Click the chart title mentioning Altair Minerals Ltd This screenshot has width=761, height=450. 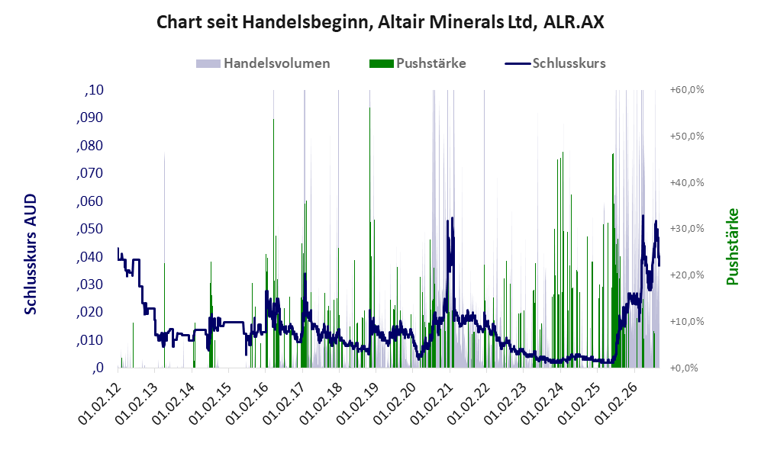pos(380,22)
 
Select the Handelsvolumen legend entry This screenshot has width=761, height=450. pos(263,63)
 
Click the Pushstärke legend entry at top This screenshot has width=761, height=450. pos(418,63)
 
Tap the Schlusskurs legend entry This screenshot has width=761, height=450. pos(555,63)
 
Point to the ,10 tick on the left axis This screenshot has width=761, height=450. pos(94,90)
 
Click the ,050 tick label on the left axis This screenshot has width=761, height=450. pos(90,229)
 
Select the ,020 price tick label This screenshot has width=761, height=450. pos(90,312)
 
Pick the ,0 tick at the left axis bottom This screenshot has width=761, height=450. pos(98,368)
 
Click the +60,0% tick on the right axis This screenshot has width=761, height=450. pos(687,90)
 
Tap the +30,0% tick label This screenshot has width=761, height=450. pos(687,228)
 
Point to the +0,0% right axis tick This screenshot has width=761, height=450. pos(684,368)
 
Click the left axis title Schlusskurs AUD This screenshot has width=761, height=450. pos(31,254)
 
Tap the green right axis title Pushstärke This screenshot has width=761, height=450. pos(732,246)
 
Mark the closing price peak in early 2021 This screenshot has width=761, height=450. pos(453,217)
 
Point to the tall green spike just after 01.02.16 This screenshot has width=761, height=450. pos(273,119)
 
